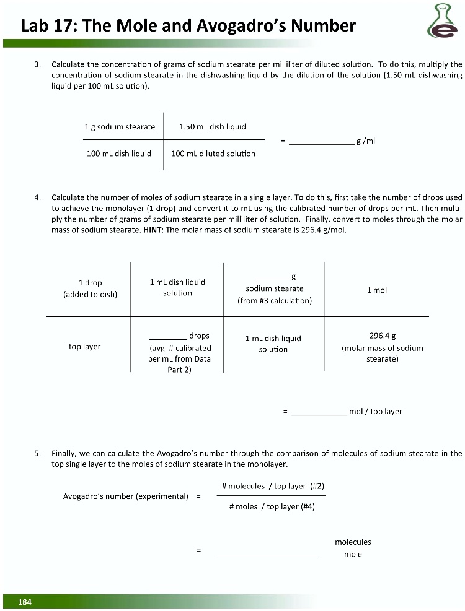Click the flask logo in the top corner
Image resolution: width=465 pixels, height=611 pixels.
coord(441,21)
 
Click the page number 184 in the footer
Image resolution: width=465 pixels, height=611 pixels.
coord(25,602)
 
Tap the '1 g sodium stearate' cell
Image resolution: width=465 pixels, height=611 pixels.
coord(120,127)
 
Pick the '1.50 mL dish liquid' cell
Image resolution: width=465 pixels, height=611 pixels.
coord(212,127)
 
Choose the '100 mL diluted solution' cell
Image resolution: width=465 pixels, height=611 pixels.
coord(213,154)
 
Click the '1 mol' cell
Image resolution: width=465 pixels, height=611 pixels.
coord(376,290)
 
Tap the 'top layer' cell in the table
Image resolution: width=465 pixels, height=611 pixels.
coord(84,347)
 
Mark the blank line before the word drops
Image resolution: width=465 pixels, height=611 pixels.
coord(168,337)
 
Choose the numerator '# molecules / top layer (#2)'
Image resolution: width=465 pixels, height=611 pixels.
coord(273,486)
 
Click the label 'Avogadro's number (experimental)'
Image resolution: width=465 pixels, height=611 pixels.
coord(126,496)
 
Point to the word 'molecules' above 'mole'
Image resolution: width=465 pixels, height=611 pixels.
coord(353,542)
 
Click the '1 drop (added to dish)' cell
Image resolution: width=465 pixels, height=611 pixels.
coord(90,288)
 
